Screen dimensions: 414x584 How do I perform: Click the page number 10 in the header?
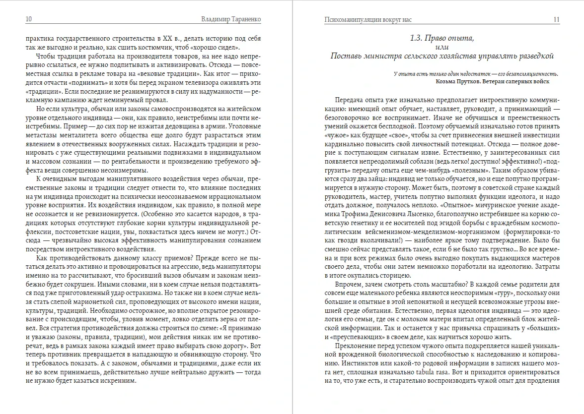tap(29, 19)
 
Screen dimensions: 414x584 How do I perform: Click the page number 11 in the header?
tap(556, 19)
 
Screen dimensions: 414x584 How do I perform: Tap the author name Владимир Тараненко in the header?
tap(232, 19)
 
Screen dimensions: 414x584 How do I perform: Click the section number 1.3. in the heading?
tap(418, 37)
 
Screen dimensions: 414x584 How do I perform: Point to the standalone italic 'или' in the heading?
tap(442, 46)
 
